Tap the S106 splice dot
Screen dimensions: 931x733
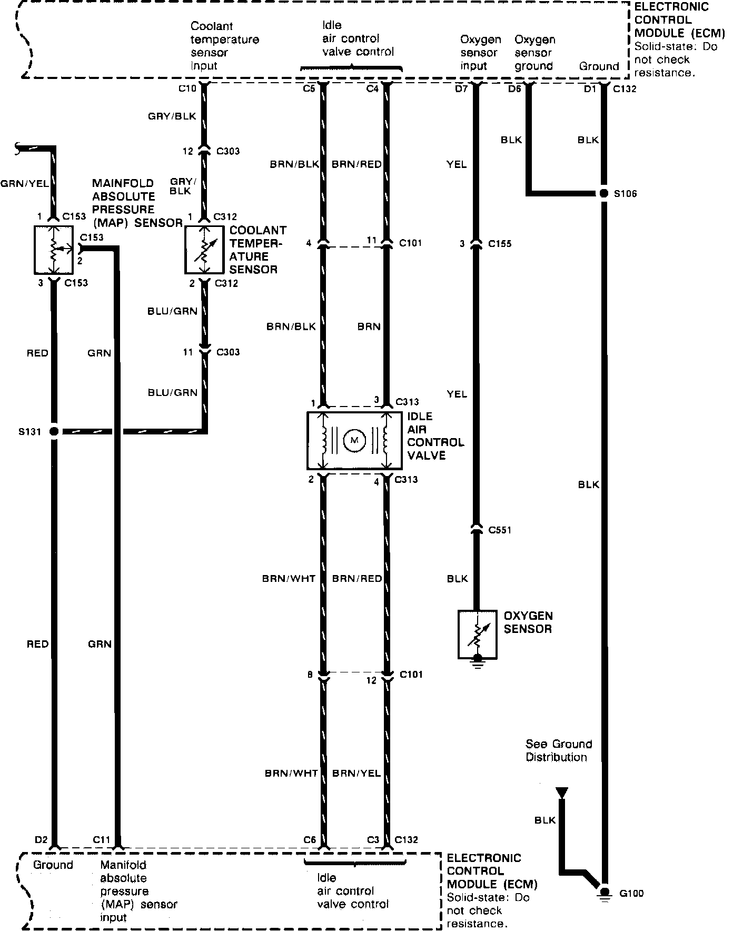[603, 193]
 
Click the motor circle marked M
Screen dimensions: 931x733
[354, 440]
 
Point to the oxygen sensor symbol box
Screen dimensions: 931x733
[477, 634]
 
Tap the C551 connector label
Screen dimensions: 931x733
[500, 530]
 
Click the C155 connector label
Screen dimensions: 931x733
[500, 244]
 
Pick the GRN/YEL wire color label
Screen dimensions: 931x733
[24, 183]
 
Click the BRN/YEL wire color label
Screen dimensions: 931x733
[356, 773]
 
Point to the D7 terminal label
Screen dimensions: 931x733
[461, 88]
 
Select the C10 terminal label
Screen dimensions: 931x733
[187, 88]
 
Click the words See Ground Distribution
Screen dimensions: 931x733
[558, 750]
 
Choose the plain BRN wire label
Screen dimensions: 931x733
[369, 326]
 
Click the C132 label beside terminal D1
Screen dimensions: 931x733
[625, 88]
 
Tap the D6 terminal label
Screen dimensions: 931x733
[514, 88]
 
